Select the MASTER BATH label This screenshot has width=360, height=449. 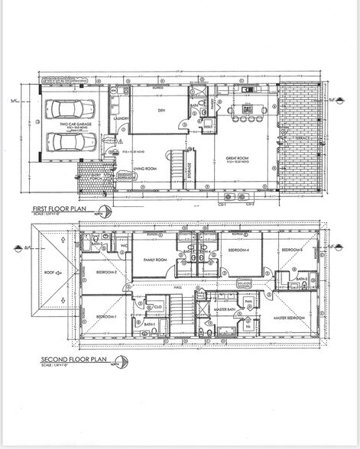[x=224, y=308]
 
